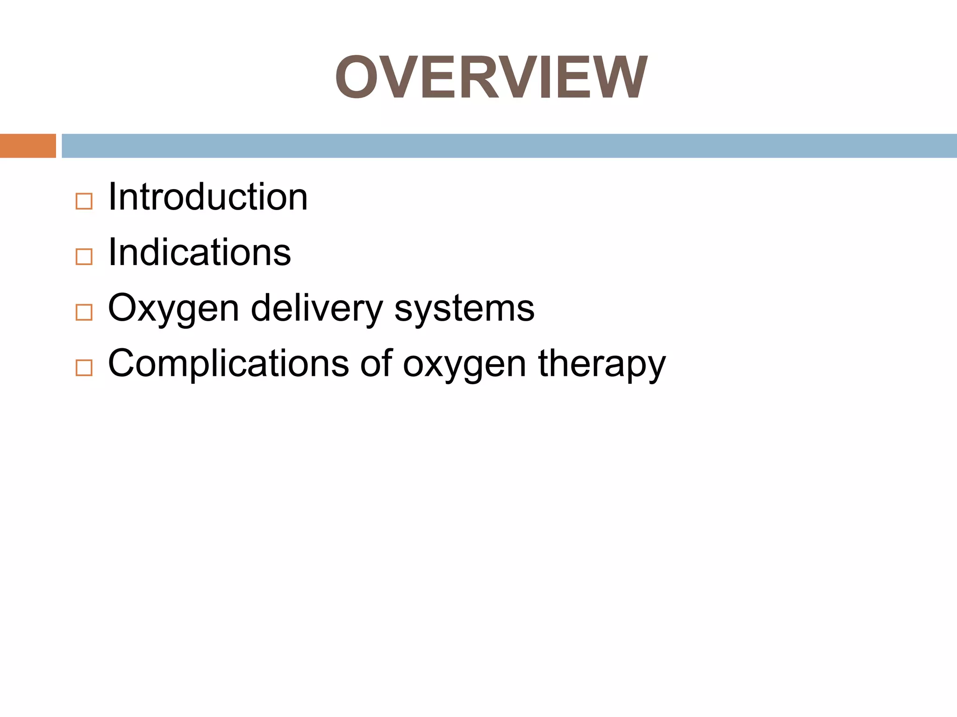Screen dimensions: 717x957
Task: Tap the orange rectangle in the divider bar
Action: pyautogui.click(x=28, y=146)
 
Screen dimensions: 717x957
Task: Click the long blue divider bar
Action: pyautogui.click(x=509, y=146)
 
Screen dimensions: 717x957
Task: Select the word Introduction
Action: pyautogui.click(x=208, y=197)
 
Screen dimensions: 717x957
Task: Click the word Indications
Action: pyautogui.click(x=200, y=253)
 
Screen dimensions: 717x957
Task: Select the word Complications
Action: pyautogui.click(x=228, y=364)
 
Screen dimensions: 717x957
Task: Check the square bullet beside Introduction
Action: pyautogui.click(x=84, y=201)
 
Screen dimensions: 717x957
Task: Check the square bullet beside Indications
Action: pyautogui.click(x=84, y=257)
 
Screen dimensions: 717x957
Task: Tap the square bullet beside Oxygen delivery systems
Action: pyautogui.click(x=84, y=312)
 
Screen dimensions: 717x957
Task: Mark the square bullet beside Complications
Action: pyautogui.click(x=84, y=368)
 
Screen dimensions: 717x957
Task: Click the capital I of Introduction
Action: pyautogui.click(x=112, y=197)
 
